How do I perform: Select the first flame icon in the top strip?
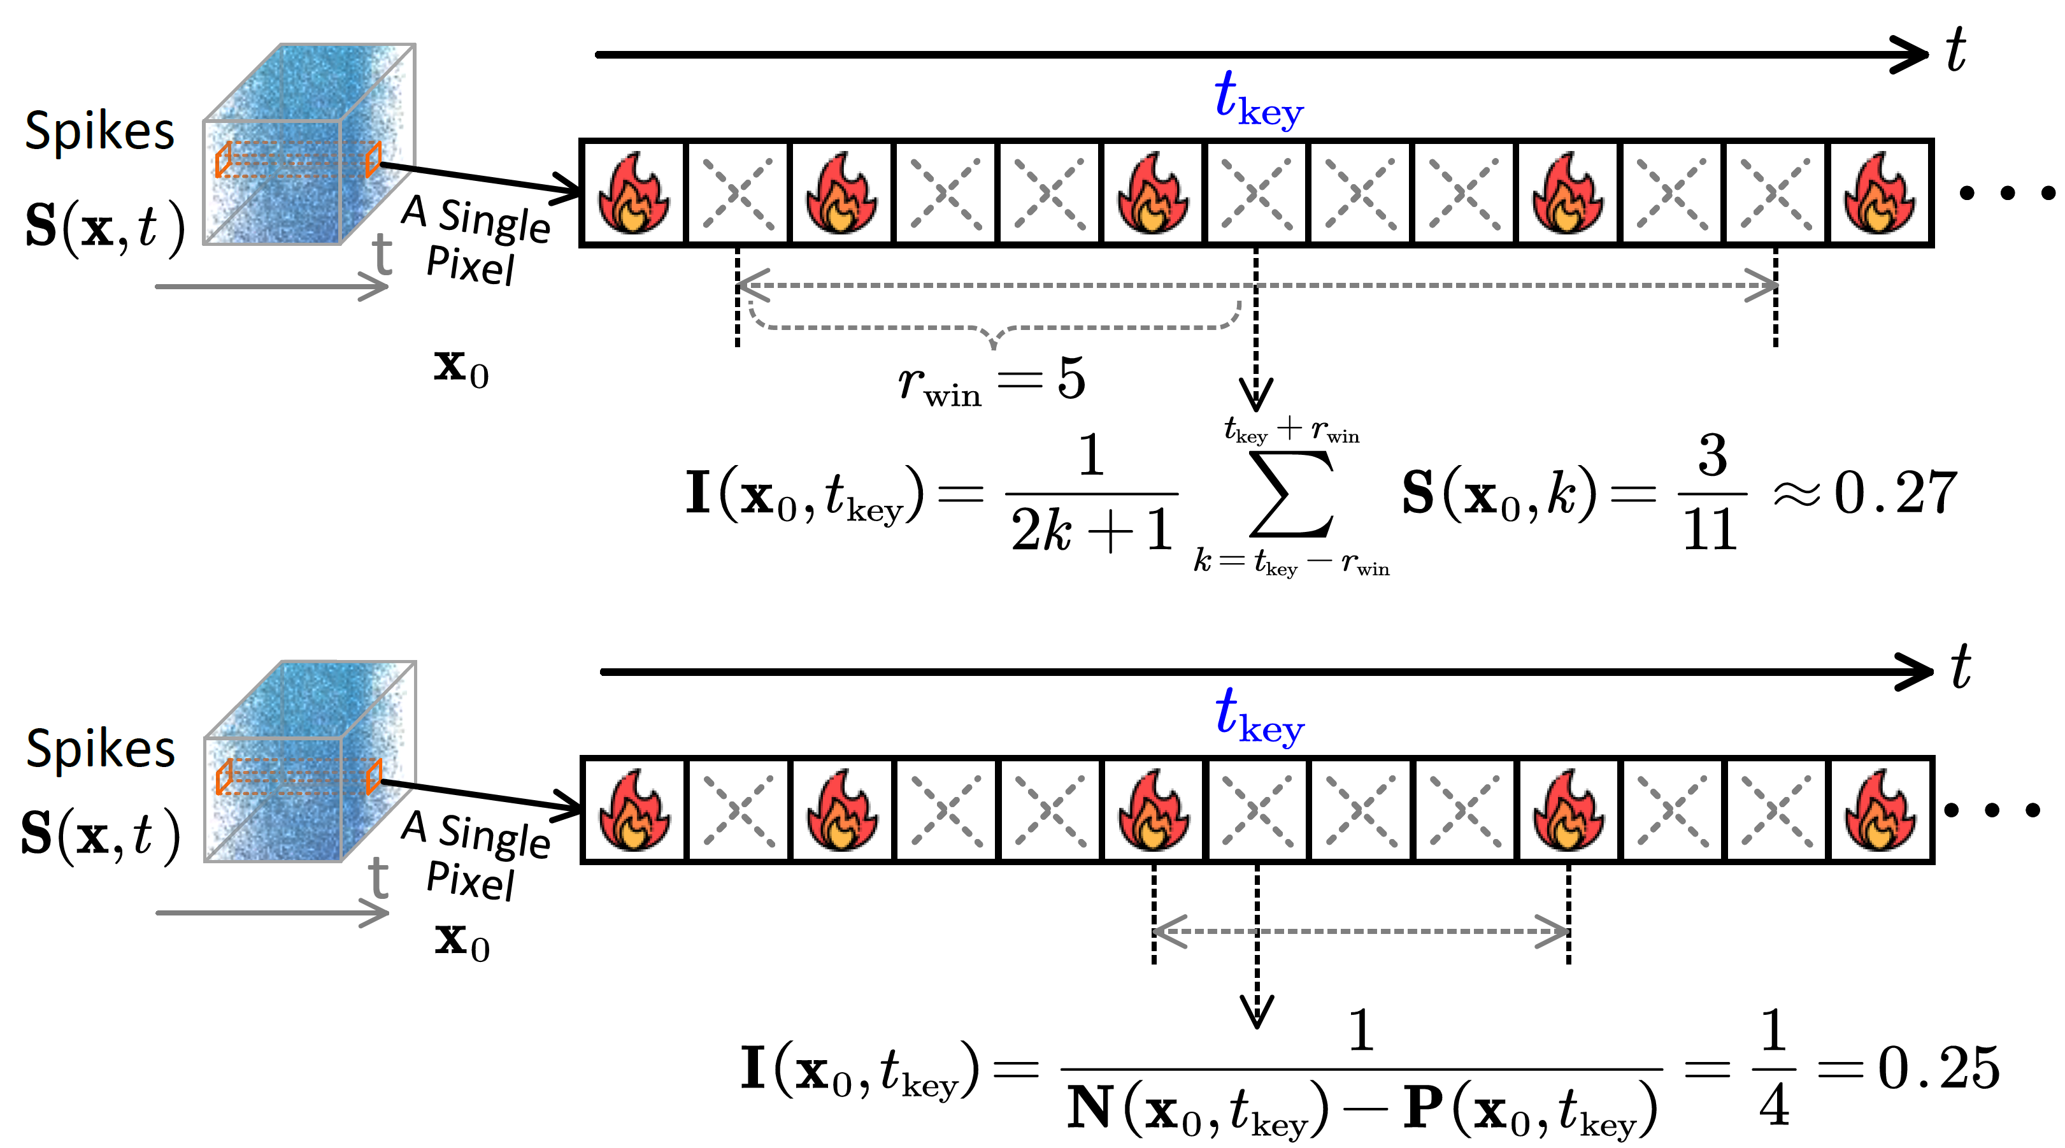pyautogui.click(x=633, y=192)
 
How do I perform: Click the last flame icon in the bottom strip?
pyautogui.click(x=1880, y=810)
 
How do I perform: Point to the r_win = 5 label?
pyautogui.click(x=992, y=380)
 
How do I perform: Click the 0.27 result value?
pyautogui.click(x=1896, y=492)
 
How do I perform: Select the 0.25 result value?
pyautogui.click(x=1938, y=1068)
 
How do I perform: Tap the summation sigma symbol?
pyautogui.click(x=1290, y=494)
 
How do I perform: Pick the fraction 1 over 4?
pyautogui.click(x=1773, y=1068)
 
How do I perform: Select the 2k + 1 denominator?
pyautogui.click(x=1092, y=529)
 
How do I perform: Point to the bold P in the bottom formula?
pyautogui.click(x=1424, y=1109)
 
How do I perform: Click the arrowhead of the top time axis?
pyautogui.click(x=1912, y=55)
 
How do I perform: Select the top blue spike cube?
pyautogui.click(x=309, y=145)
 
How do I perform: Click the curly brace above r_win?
pyautogui.click(x=994, y=329)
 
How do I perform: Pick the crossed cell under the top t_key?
pyautogui.click(x=1256, y=192)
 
